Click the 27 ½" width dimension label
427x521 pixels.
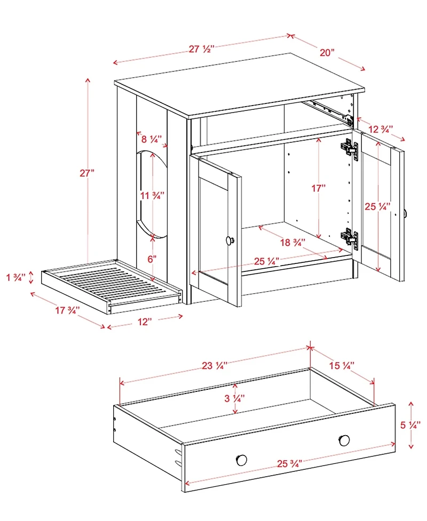201,49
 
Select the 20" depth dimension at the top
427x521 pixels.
327,52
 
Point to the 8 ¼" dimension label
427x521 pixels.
152,139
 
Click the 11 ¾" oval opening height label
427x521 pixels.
152,195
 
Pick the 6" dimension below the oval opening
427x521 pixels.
152,259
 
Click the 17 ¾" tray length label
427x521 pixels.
67,309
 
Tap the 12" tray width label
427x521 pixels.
145,321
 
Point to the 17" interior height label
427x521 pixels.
318,188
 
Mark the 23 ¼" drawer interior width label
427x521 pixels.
215,366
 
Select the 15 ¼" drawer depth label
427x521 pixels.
342,365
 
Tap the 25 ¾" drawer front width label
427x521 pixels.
290,462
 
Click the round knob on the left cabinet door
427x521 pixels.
230,241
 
